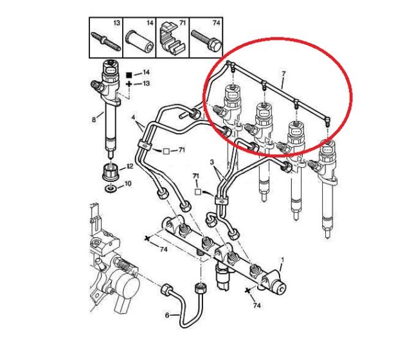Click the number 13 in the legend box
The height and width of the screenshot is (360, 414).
point(117,23)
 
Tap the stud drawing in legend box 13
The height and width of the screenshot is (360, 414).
point(106,42)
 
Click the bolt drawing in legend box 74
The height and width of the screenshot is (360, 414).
point(206,40)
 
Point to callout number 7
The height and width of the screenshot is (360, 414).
point(283,74)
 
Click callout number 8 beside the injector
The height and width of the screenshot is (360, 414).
point(94,120)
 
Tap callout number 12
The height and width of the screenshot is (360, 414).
point(130,166)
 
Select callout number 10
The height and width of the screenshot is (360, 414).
point(127,183)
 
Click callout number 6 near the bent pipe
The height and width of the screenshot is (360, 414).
point(167,316)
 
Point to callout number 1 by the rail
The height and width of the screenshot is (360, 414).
point(282,260)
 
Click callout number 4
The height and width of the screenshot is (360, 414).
point(133,116)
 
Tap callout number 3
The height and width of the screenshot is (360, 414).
point(212,162)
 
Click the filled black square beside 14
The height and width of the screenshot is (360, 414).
point(129,75)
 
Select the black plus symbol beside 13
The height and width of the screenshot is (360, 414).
point(129,84)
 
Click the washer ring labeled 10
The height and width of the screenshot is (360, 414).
point(111,188)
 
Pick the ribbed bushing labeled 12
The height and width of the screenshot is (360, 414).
point(110,172)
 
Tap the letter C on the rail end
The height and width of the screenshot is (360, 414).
point(281,289)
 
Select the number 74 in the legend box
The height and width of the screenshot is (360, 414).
point(216,23)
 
